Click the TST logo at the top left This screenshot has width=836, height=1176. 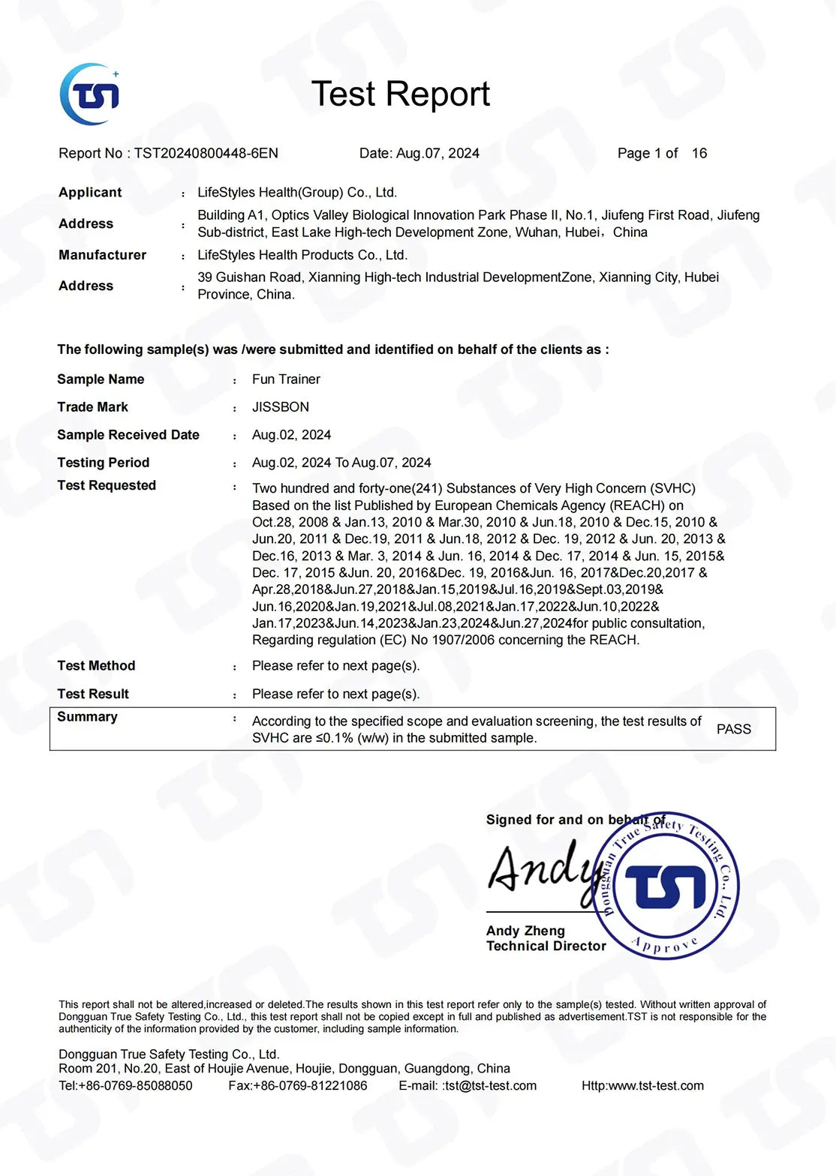(x=90, y=94)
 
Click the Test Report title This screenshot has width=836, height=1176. (x=400, y=94)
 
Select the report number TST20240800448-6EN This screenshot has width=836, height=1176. (x=206, y=153)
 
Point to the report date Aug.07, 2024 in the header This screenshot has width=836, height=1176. (x=438, y=153)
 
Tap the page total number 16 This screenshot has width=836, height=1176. (x=699, y=153)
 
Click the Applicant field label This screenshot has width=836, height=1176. (x=90, y=193)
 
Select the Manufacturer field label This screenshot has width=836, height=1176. (x=103, y=255)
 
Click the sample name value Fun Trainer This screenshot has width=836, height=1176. (x=286, y=379)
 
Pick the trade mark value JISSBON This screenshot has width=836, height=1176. (x=281, y=407)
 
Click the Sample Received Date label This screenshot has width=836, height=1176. (x=128, y=435)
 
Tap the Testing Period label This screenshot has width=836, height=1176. (x=104, y=463)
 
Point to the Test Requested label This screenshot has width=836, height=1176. (x=107, y=485)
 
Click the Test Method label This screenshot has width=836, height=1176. (x=96, y=666)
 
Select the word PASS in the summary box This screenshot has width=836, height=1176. (x=733, y=729)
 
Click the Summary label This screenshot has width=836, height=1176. (x=87, y=717)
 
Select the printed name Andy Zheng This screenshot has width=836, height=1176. (x=525, y=931)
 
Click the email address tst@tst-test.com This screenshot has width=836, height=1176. (x=491, y=1086)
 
